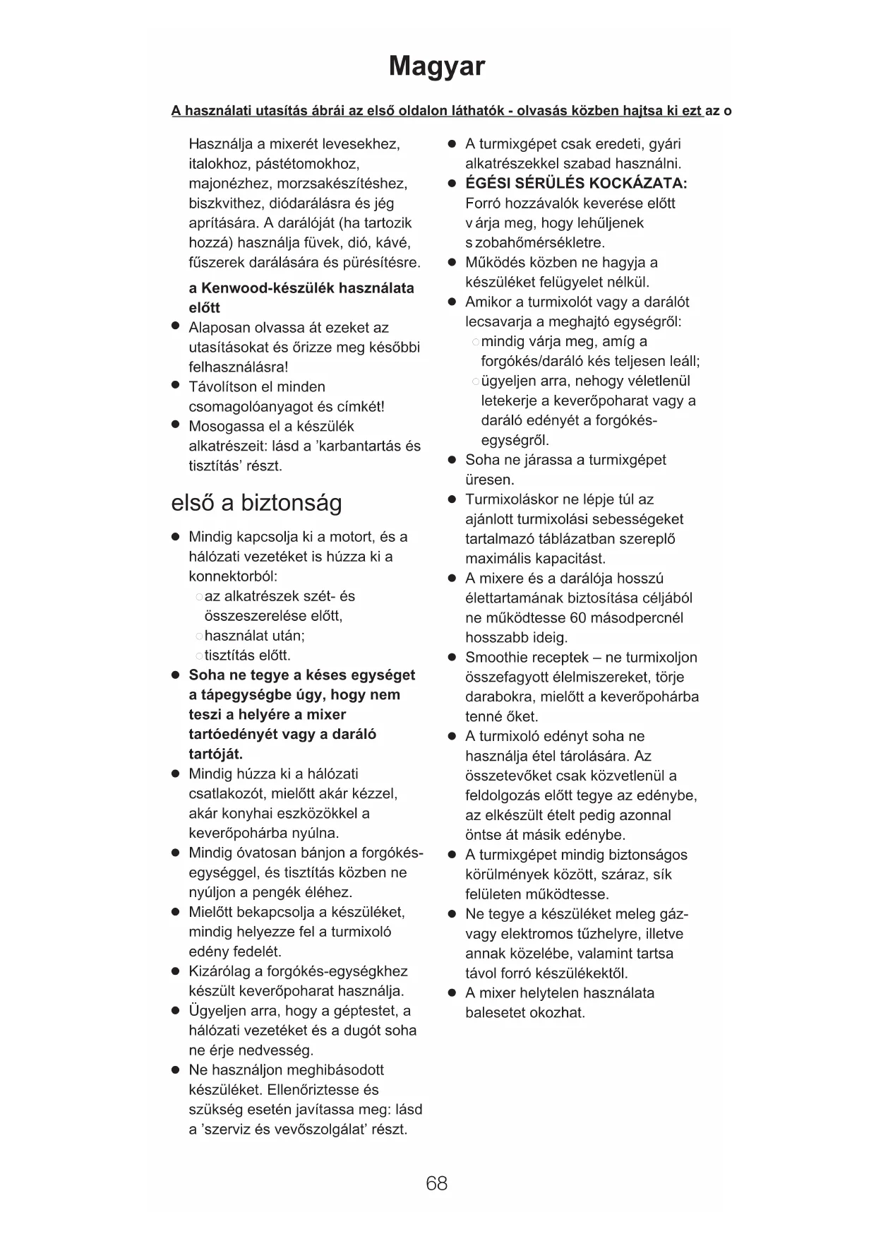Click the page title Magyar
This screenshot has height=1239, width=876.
click(x=437, y=66)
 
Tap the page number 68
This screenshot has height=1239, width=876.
click(x=436, y=1183)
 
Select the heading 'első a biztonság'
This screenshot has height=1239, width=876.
click(x=256, y=503)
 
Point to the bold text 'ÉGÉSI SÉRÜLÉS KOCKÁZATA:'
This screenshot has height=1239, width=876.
click(x=576, y=184)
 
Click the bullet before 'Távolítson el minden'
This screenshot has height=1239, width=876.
click(x=176, y=386)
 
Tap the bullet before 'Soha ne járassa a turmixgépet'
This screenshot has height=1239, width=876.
click(x=452, y=460)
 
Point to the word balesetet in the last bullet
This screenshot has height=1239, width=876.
click(x=495, y=1013)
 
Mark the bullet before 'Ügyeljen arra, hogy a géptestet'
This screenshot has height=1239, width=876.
click(x=176, y=1010)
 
